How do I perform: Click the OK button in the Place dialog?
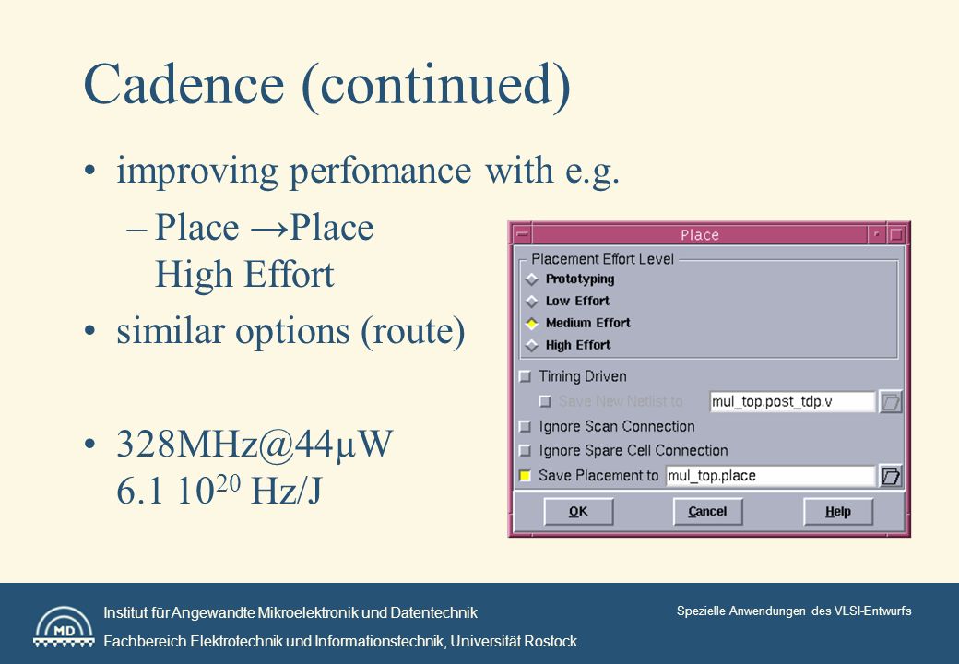[x=578, y=511]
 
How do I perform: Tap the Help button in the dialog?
[x=838, y=511]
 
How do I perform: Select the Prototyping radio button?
[x=531, y=279]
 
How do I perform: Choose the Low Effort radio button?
[x=531, y=302]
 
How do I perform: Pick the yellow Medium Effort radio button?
[x=531, y=324]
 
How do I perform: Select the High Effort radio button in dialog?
[x=531, y=346]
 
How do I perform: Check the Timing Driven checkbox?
[x=525, y=376]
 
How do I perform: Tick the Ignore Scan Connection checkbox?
[x=525, y=426]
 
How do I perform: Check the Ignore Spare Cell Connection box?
[x=525, y=451]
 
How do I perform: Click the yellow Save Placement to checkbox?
[x=525, y=476]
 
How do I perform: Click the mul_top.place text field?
[x=770, y=476]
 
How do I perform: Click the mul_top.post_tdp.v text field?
[x=792, y=402]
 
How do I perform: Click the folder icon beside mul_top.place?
[x=891, y=476]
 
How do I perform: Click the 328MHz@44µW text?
[x=255, y=444]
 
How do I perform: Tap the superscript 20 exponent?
[x=228, y=483]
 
